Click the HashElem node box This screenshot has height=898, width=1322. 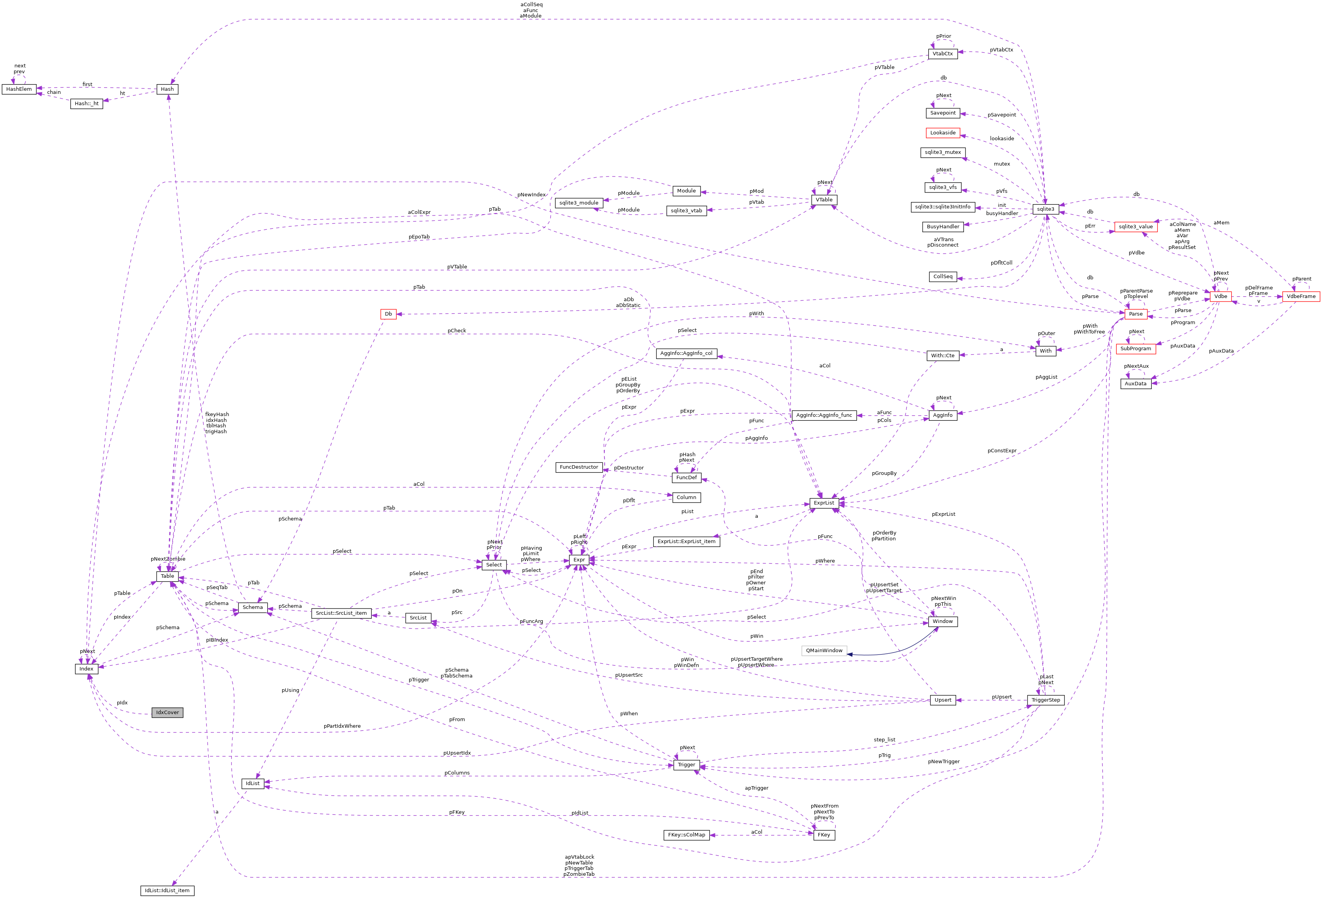[x=19, y=89]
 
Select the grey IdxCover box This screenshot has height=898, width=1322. [x=167, y=713]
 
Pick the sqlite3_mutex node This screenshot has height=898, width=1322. [x=943, y=152]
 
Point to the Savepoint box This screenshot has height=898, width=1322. [x=943, y=113]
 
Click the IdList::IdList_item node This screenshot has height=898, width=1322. [x=167, y=891]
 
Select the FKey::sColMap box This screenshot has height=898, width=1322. [x=686, y=835]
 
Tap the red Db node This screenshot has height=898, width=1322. [x=388, y=314]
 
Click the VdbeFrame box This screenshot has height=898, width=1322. [x=1301, y=296]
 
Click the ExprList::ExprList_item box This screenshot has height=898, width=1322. [x=686, y=542]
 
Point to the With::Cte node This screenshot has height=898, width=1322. [x=943, y=355]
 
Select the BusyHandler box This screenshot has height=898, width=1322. [x=943, y=227]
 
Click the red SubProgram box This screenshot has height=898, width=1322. [x=1135, y=349]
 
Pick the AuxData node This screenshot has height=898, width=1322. [x=1135, y=384]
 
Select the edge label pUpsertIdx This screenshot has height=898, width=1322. [x=457, y=753]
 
